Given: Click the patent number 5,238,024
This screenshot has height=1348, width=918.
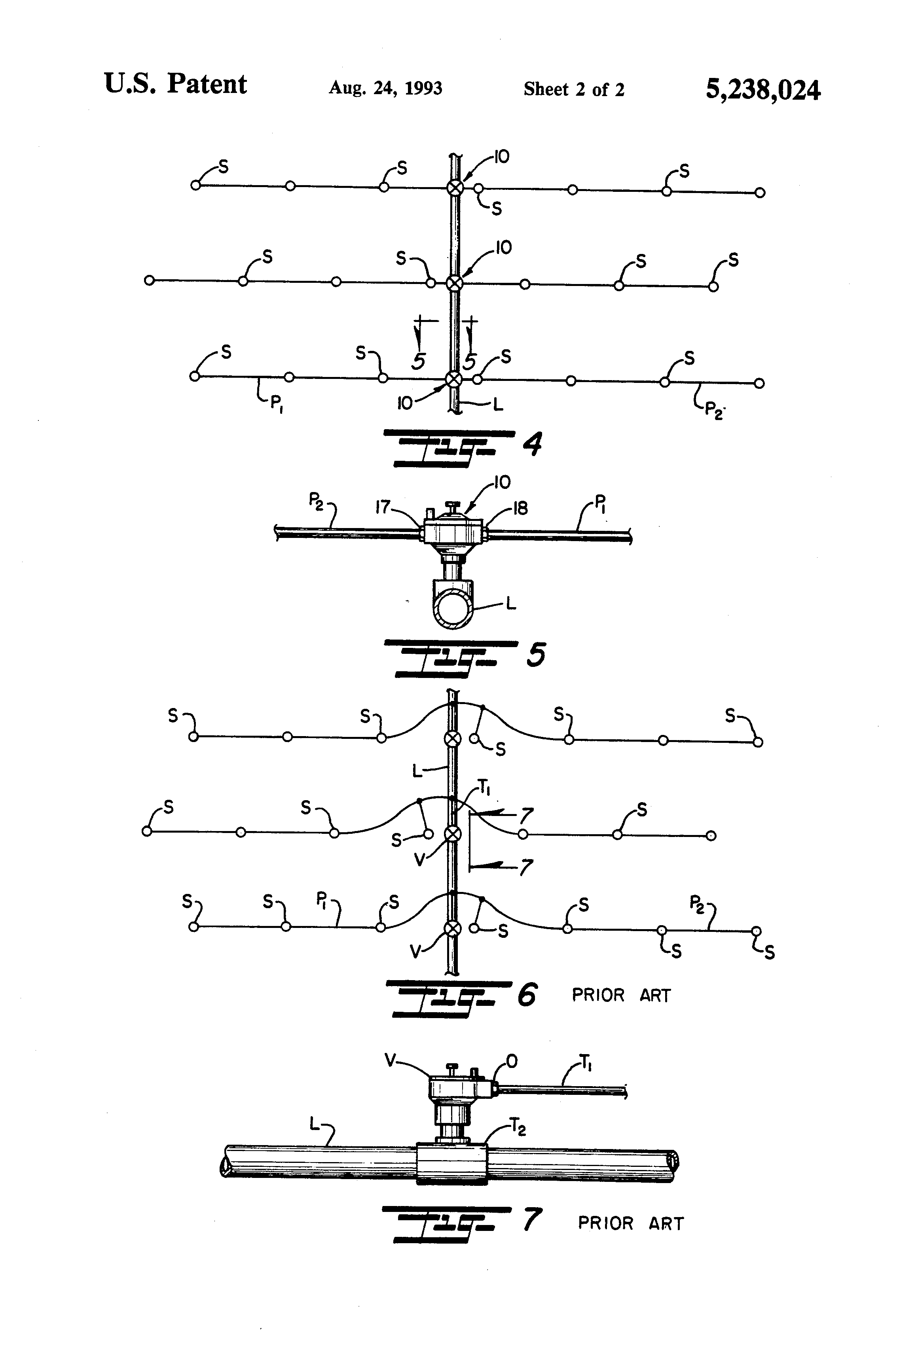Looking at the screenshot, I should [x=762, y=90].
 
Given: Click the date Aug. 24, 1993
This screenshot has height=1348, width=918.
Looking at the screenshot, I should [x=385, y=88].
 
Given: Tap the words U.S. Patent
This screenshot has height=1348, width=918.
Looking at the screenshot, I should [x=175, y=85].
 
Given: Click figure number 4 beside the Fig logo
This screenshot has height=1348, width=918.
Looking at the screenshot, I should [x=531, y=445].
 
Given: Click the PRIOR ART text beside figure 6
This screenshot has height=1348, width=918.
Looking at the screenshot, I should [x=621, y=995].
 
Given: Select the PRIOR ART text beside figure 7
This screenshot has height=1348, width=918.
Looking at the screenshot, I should [x=631, y=1223].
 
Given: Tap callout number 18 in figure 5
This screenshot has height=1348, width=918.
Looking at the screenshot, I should [x=520, y=509].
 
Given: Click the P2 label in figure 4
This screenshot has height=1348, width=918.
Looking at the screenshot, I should [x=713, y=409].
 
